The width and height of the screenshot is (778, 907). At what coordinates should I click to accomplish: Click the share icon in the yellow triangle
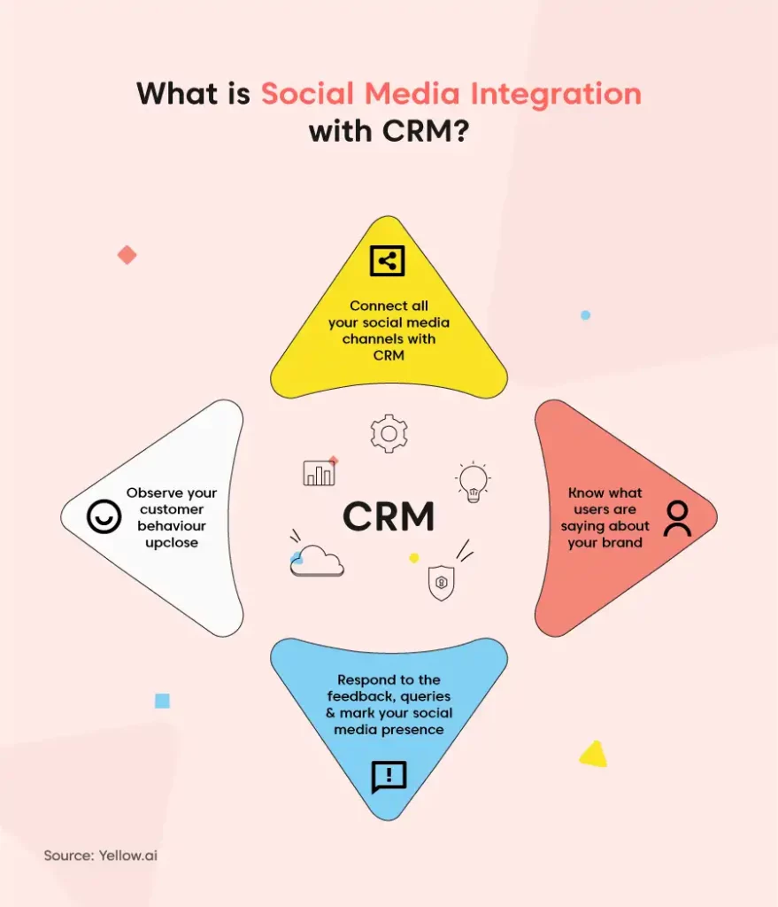[388, 261]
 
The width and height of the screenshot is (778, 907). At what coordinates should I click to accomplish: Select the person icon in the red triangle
[677, 519]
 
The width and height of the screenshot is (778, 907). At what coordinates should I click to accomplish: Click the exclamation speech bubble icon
[389, 777]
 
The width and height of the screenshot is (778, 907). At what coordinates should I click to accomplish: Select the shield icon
[441, 583]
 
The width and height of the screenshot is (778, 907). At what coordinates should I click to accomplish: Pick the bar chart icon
[319, 473]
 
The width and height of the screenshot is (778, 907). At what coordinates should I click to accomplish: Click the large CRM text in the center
[389, 516]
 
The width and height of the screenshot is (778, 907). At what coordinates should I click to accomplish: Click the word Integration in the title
[556, 94]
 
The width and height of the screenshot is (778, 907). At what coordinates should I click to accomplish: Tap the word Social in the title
[307, 93]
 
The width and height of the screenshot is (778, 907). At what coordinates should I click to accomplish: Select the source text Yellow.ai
[127, 856]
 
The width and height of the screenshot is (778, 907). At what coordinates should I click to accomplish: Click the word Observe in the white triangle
[148, 492]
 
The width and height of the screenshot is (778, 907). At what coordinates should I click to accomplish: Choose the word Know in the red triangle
[585, 492]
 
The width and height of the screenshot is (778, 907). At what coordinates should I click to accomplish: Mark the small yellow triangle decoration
[594, 754]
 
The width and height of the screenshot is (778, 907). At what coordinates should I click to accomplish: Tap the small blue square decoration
[163, 702]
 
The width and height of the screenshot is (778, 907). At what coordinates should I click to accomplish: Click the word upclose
[172, 543]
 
